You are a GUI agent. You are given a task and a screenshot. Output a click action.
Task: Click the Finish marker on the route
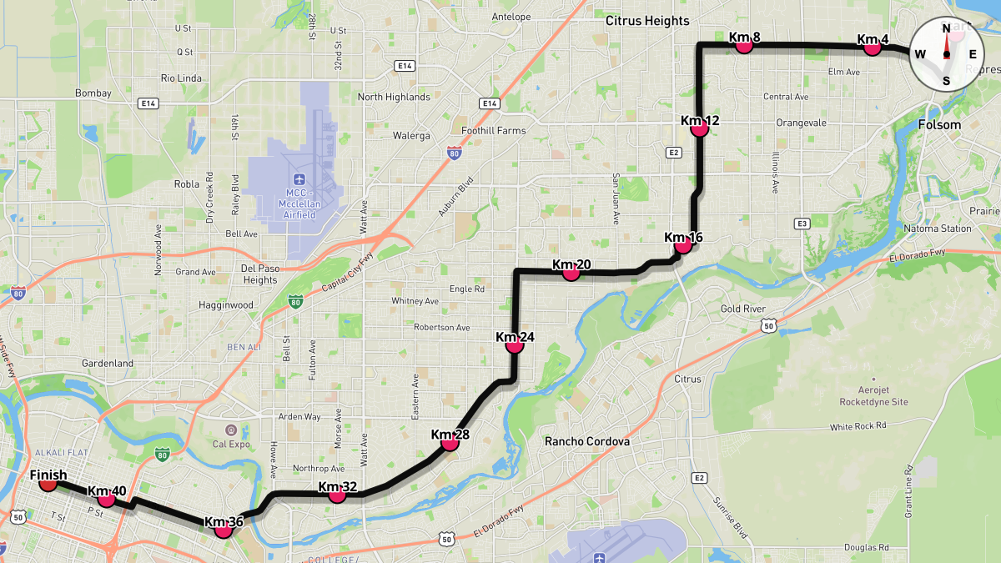click(48, 481)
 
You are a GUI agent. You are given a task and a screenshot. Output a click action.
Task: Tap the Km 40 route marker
click(106, 498)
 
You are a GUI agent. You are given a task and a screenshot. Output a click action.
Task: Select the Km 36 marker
click(223, 528)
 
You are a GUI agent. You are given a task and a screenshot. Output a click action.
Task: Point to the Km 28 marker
click(450, 441)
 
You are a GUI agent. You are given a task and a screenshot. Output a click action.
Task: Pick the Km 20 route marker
click(571, 271)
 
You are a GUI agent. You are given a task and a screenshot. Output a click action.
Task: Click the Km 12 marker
click(700, 128)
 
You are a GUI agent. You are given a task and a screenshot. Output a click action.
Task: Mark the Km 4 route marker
click(873, 46)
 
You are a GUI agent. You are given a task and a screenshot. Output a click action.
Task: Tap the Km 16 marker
click(683, 244)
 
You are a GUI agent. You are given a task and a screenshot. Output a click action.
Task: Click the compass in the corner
click(946, 54)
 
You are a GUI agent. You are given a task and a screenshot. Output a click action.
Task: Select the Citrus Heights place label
click(647, 21)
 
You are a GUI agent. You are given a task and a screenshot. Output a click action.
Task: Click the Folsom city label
click(939, 125)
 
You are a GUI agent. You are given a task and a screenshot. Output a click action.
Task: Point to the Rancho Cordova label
click(586, 441)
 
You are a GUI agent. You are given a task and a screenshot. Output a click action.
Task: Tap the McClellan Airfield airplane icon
click(299, 179)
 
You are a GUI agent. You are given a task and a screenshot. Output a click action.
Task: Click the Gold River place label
click(742, 309)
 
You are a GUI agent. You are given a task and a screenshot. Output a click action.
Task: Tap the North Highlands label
click(394, 97)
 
